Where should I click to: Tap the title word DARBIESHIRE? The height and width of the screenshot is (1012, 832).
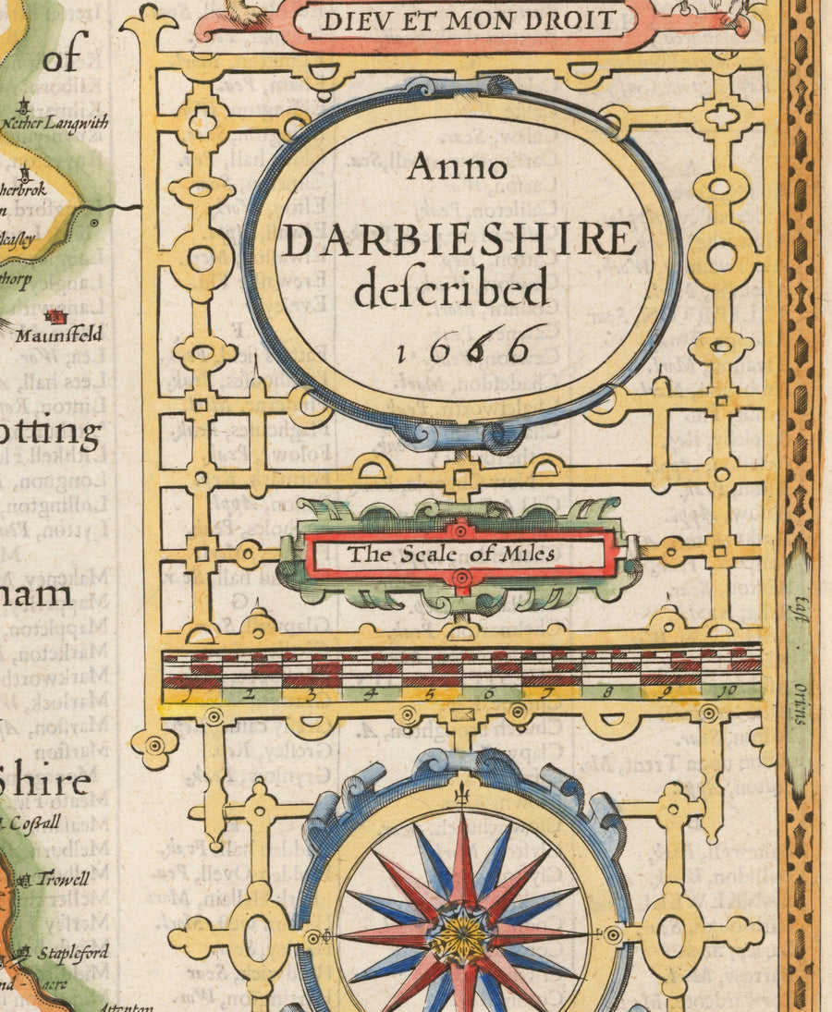point(459,240)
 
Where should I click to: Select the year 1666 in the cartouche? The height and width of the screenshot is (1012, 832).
point(465,347)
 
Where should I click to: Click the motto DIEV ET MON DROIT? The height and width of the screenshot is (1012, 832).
point(468,19)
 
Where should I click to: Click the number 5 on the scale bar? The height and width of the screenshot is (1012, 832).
point(431,692)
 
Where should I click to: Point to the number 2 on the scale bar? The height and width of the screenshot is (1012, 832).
point(251,692)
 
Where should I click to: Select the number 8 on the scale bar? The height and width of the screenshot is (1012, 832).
point(607,691)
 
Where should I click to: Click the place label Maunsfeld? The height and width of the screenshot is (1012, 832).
point(58,335)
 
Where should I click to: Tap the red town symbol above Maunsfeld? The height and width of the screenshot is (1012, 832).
point(60,316)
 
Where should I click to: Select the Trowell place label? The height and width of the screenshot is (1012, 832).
point(63,879)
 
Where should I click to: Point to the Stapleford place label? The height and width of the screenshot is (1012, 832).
point(73,952)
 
